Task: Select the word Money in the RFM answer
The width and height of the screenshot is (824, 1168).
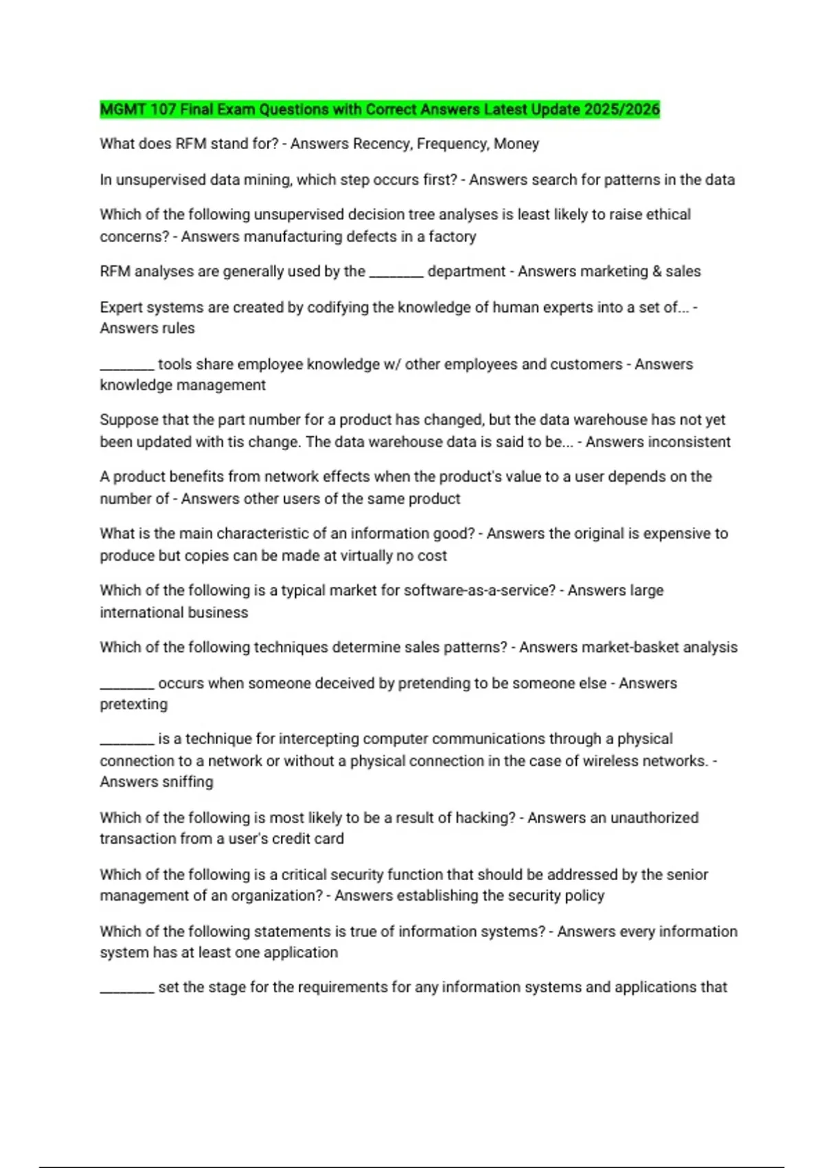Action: point(516,144)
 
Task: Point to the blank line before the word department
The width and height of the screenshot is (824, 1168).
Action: point(396,273)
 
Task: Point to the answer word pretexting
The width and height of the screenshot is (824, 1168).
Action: point(133,704)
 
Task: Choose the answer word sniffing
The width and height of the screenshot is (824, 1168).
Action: point(185,782)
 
